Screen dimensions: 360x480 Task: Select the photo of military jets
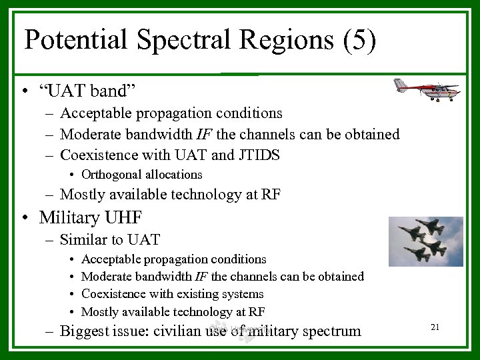425,241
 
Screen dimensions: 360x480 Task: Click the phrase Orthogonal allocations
141,175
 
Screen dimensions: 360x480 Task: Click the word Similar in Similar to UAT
83,239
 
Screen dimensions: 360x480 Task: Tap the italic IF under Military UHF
200,276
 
